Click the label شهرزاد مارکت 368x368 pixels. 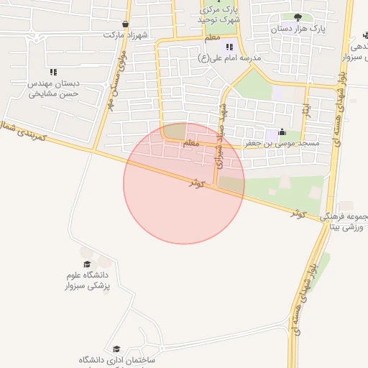click(x=124, y=34)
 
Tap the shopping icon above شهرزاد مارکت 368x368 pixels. click(x=126, y=24)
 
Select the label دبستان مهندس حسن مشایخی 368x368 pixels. click(x=53, y=89)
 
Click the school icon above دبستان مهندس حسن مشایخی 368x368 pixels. click(x=53, y=72)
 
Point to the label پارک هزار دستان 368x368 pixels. click(x=298, y=29)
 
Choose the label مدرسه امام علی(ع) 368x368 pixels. click(x=233, y=57)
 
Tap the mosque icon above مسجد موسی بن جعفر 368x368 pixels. click(x=281, y=132)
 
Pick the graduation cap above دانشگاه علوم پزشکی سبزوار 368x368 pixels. click(x=87, y=264)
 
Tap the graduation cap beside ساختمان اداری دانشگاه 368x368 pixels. click(x=116, y=349)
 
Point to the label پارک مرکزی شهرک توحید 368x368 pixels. click(x=219, y=14)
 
